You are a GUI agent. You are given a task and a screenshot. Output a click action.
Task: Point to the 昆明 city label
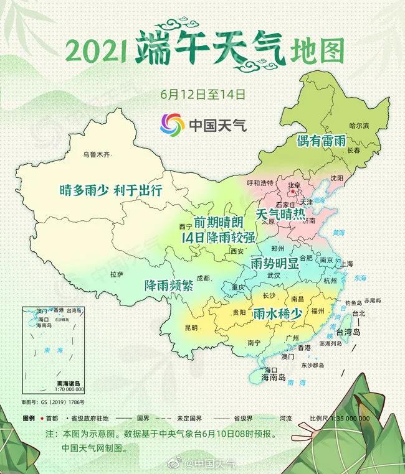tap(191, 327)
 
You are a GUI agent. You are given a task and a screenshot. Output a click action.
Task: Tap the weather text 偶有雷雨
tap(321, 141)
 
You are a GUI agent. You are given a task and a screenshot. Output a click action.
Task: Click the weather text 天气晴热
tap(281, 214)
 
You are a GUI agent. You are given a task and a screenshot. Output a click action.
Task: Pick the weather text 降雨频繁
tap(169, 286)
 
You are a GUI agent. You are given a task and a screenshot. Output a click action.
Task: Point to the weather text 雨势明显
tap(275, 263)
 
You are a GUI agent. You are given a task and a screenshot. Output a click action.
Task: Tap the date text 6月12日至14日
tap(202, 95)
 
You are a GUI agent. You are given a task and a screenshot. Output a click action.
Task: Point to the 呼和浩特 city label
tap(260, 183)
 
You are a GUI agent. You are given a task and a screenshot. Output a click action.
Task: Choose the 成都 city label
tap(203, 278)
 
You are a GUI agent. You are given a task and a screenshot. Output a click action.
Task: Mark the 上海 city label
tap(347, 264)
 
